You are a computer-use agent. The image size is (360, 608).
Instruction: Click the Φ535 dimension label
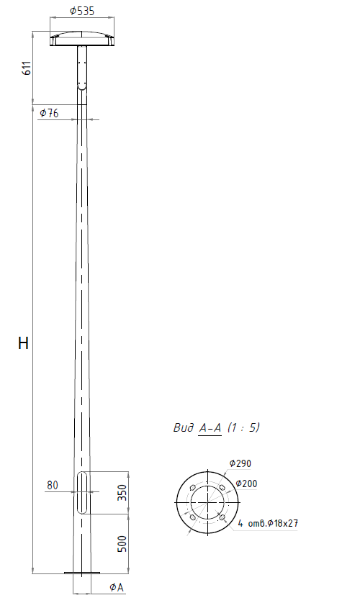[82, 11]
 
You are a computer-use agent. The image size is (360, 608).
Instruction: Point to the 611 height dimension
[27, 68]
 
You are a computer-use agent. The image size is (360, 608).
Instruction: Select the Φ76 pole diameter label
[49, 113]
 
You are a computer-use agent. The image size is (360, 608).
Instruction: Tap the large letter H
[23, 343]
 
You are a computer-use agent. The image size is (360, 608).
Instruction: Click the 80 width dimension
[53, 485]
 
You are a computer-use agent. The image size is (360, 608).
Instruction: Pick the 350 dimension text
[122, 492]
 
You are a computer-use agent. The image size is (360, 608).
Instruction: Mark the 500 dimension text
[122, 544]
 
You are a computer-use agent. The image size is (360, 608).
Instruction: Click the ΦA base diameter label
[117, 587]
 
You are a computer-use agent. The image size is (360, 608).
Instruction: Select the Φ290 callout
[240, 463]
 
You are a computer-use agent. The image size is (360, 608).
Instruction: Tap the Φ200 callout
[246, 484]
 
